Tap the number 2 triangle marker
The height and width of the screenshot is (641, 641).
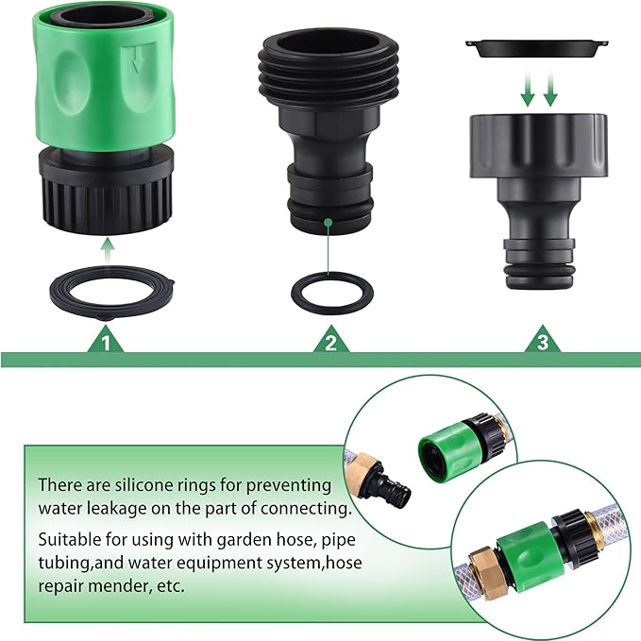(329, 342)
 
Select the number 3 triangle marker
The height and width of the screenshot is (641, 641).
(542, 342)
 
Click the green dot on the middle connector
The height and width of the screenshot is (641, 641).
(328, 223)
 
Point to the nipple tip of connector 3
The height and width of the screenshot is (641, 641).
(536, 266)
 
